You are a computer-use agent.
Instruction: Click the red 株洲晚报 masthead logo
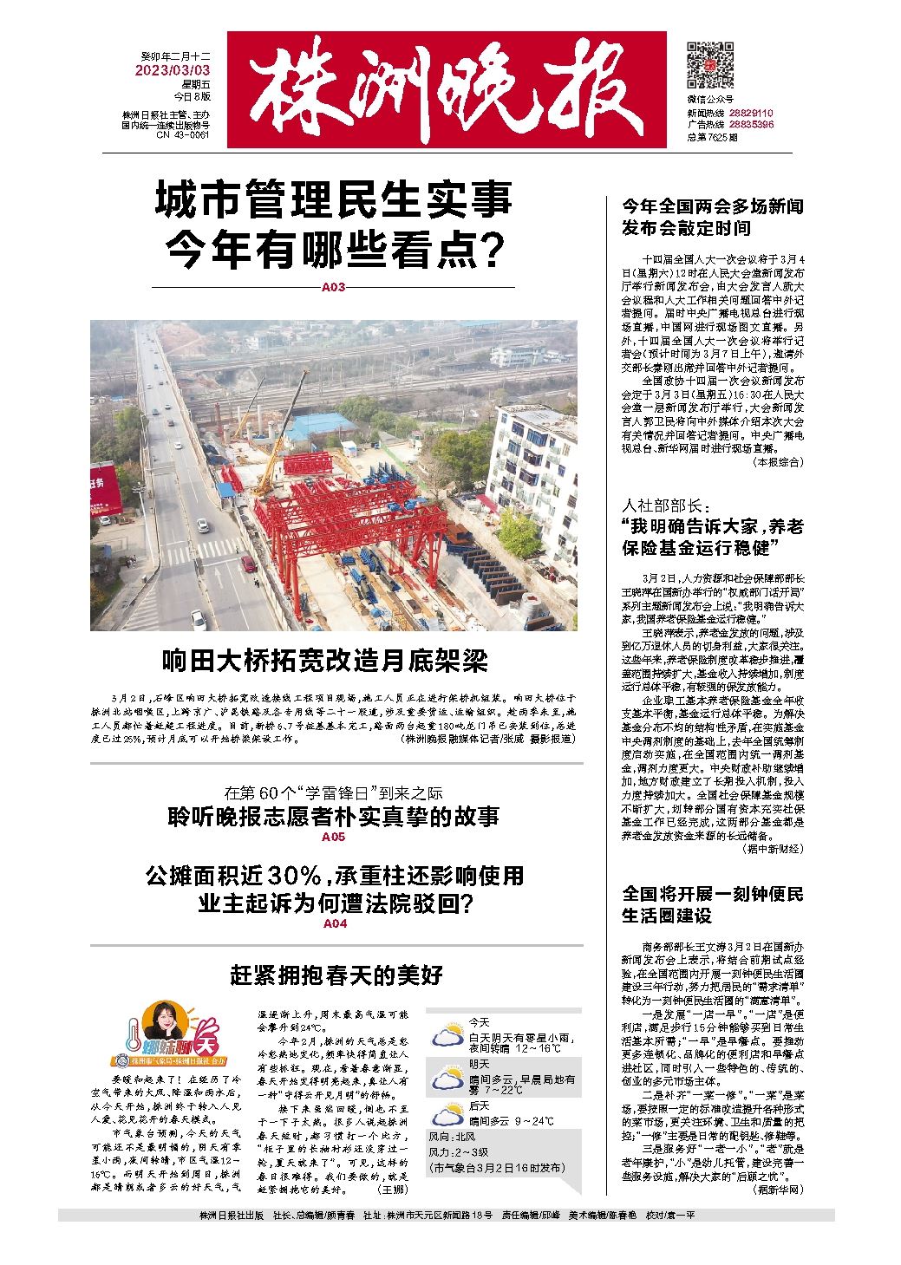[447, 90]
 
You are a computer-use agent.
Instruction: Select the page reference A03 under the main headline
[333, 287]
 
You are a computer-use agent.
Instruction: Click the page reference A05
[333, 838]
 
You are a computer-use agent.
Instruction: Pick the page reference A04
[335, 925]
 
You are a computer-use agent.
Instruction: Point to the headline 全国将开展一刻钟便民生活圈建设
[712, 903]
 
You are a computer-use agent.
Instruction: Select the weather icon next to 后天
[448, 1114]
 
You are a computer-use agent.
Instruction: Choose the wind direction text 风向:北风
[452, 1137]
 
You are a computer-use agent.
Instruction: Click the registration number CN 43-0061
[182, 135]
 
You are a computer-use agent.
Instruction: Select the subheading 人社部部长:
[665, 505]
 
